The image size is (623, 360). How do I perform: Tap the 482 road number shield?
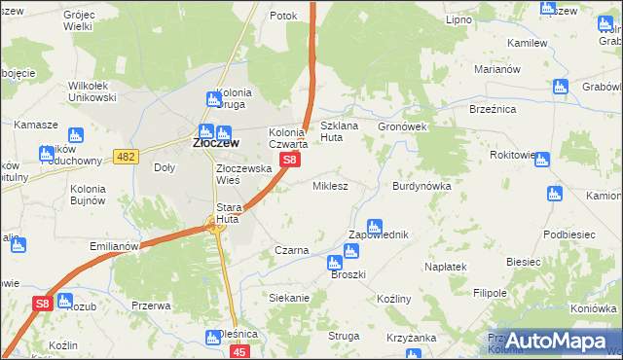126,157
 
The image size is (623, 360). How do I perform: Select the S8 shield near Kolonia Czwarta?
289,158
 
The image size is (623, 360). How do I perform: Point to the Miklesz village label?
330,185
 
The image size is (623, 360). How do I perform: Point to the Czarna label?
291,250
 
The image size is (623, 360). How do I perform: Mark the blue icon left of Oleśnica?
212,338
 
